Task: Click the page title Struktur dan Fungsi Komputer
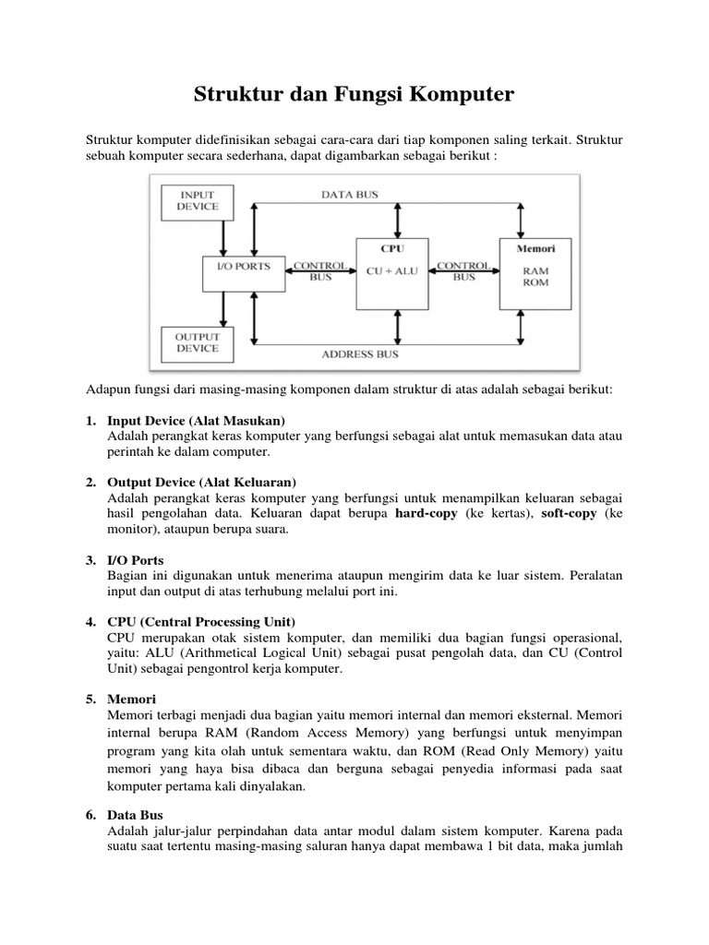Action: click(354, 95)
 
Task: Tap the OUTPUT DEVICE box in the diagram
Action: click(198, 342)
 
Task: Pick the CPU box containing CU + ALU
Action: click(391, 273)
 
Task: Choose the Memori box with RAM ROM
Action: click(535, 273)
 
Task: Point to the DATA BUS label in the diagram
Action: click(349, 195)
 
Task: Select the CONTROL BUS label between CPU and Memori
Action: click(463, 270)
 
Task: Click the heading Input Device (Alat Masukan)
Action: click(197, 420)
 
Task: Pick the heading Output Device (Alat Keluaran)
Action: click(201, 483)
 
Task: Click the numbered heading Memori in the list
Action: click(132, 699)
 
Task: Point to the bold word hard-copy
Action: click(427, 513)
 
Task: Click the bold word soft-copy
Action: click(567, 513)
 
